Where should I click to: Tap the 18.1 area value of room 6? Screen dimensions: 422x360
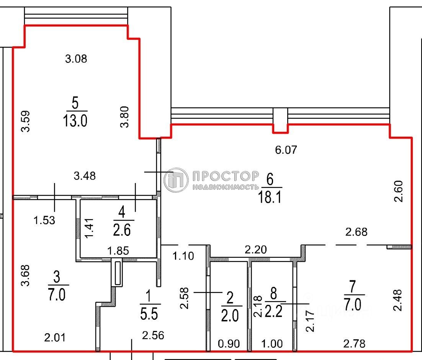[270, 198]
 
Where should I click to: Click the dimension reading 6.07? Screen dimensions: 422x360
[286, 150]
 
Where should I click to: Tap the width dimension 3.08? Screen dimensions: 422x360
[76, 59]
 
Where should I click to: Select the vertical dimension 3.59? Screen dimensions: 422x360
[26, 121]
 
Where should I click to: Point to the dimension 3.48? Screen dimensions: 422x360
[85, 176]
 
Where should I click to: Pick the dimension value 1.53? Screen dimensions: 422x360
[44, 221]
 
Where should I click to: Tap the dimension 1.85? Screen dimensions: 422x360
[118, 251]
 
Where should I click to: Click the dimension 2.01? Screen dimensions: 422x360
[55, 337]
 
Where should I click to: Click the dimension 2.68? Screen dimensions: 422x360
[357, 232]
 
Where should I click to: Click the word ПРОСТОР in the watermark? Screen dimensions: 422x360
[226, 176]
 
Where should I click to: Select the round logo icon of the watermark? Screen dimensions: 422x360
[176, 179]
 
